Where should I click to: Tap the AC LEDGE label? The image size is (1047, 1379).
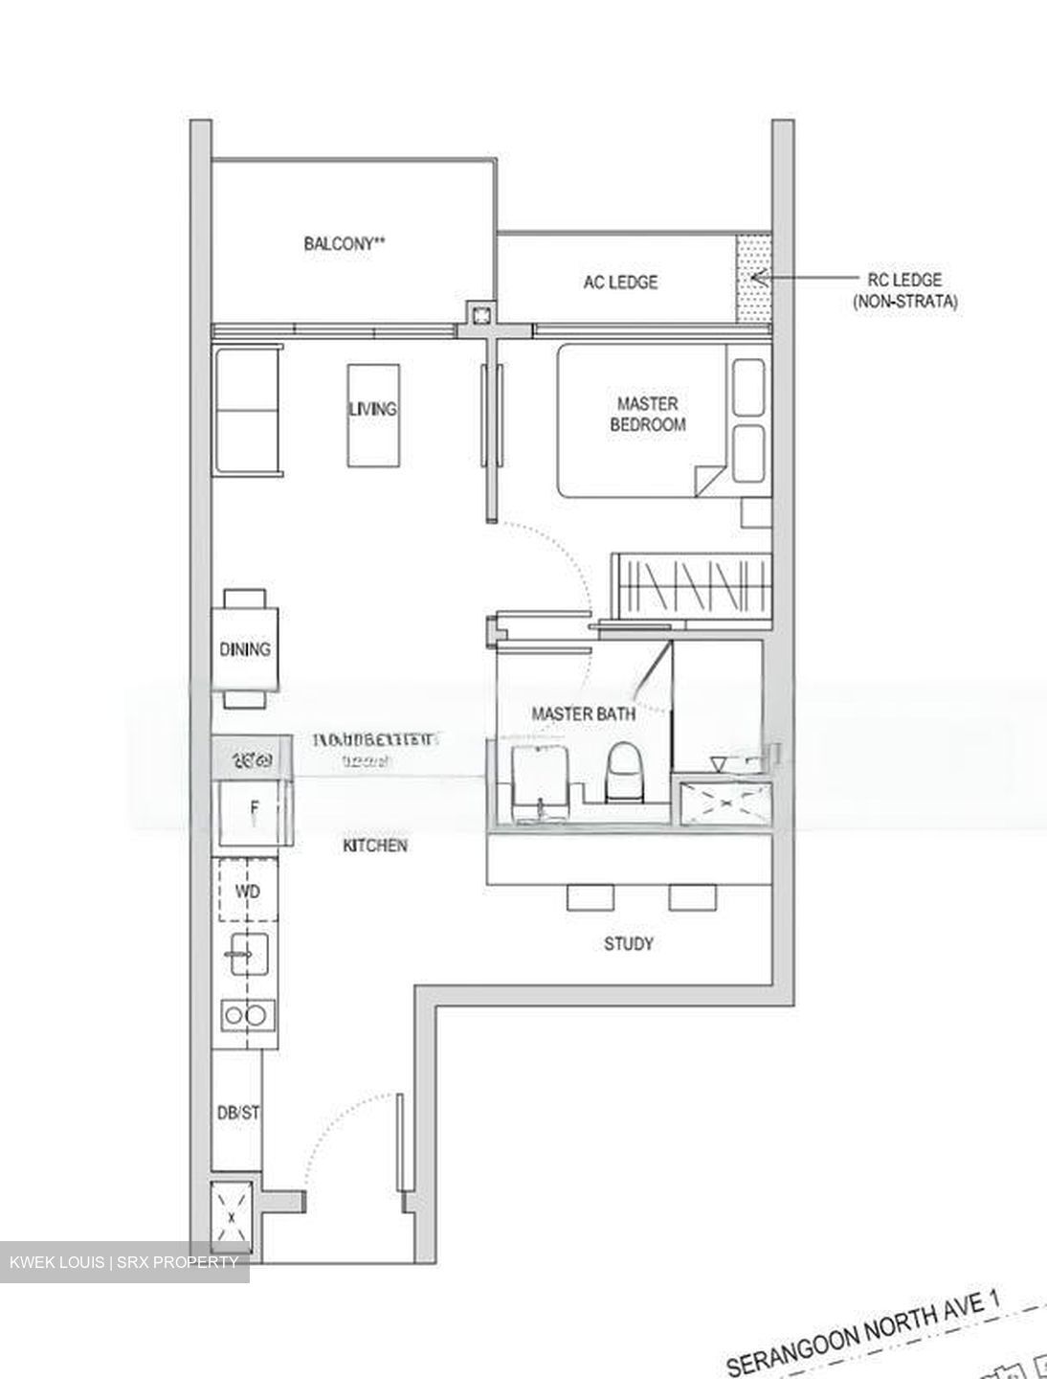(x=620, y=282)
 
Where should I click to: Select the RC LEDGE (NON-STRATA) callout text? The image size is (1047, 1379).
(x=903, y=290)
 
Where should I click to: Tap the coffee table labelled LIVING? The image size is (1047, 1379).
(x=371, y=415)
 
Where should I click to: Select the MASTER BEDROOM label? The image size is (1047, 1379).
(x=648, y=414)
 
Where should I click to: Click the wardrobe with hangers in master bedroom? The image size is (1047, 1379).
(x=691, y=583)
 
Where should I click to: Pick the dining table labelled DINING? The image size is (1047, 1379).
(x=246, y=648)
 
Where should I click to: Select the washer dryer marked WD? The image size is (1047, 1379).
(x=247, y=891)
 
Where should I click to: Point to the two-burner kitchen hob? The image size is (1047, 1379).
(x=247, y=1014)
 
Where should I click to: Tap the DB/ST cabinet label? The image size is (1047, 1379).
(x=237, y=1114)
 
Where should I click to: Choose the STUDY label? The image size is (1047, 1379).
(x=629, y=944)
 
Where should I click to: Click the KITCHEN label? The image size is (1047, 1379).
(x=375, y=846)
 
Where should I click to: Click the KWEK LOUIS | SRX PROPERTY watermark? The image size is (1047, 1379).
(x=123, y=1262)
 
